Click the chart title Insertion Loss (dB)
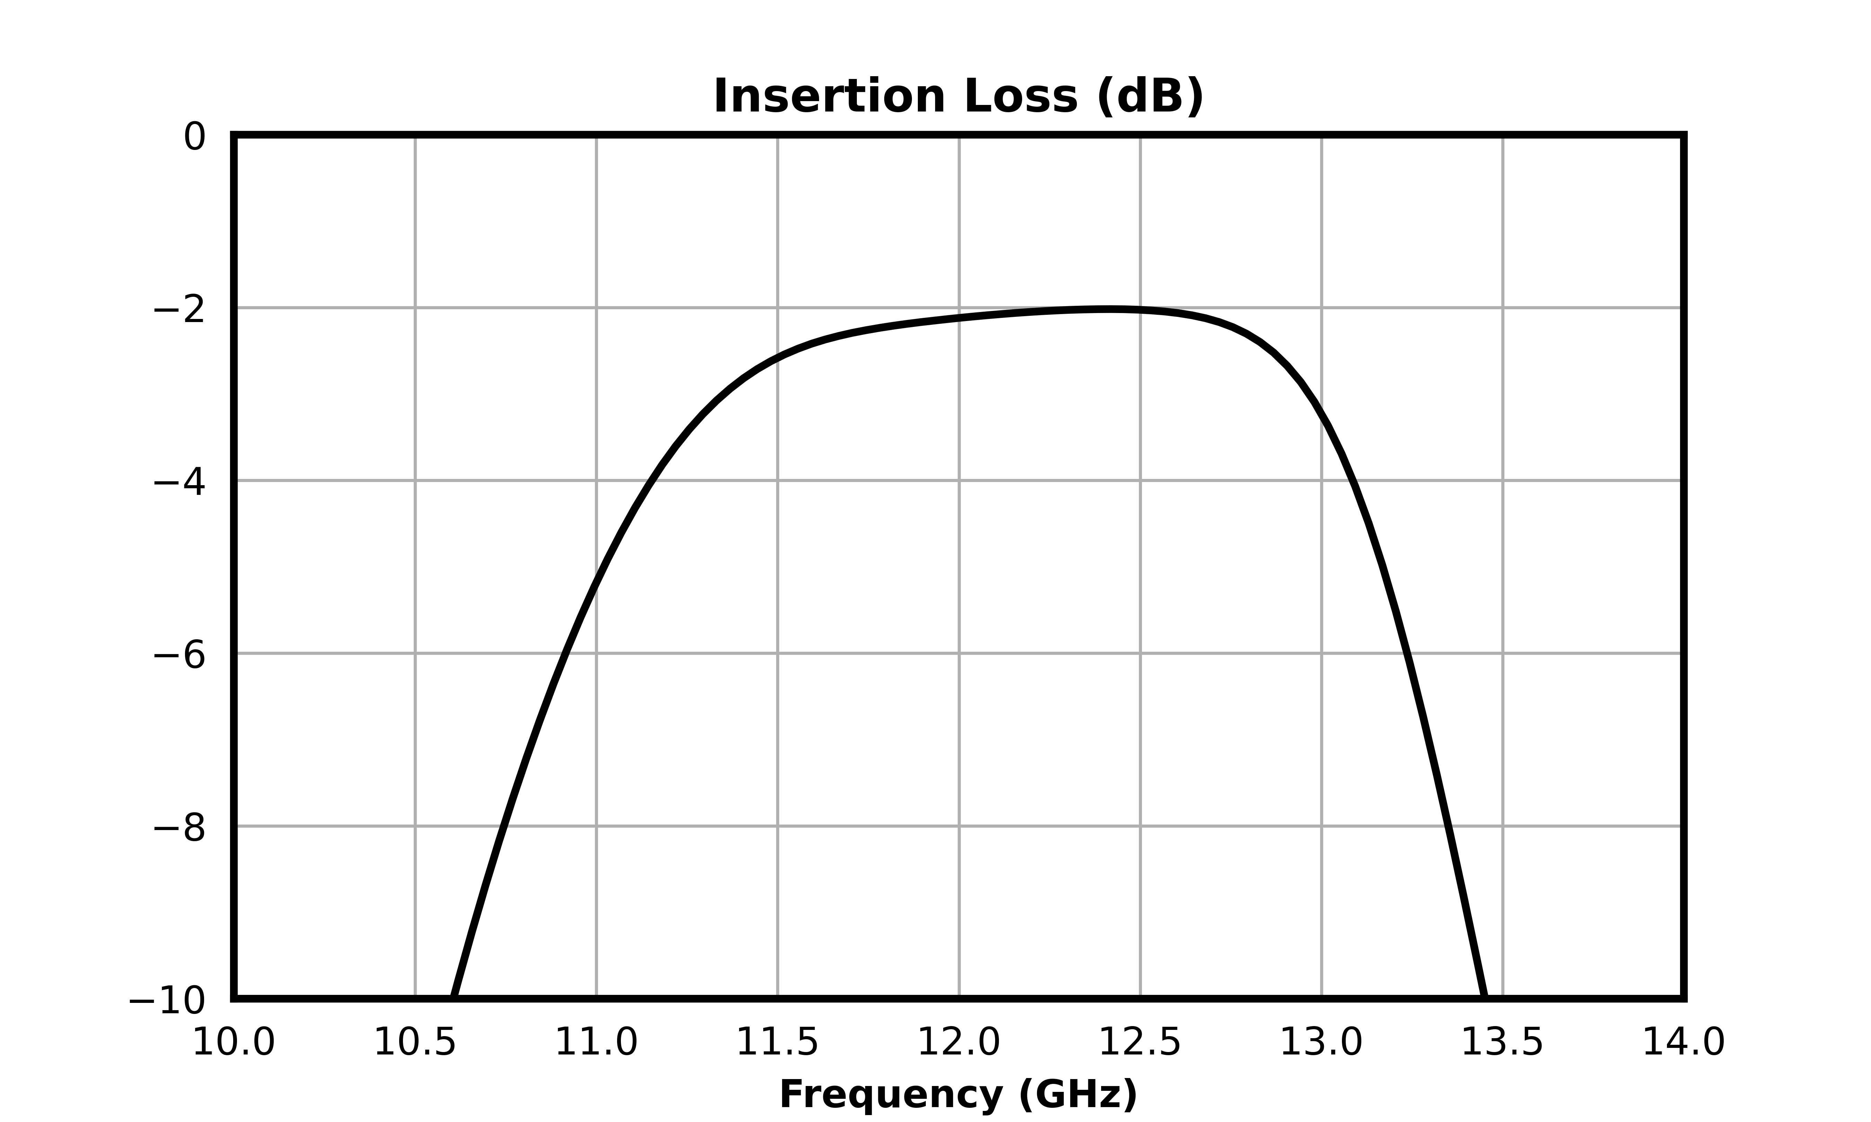coord(958,97)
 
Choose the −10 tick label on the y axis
coord(167,1000)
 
